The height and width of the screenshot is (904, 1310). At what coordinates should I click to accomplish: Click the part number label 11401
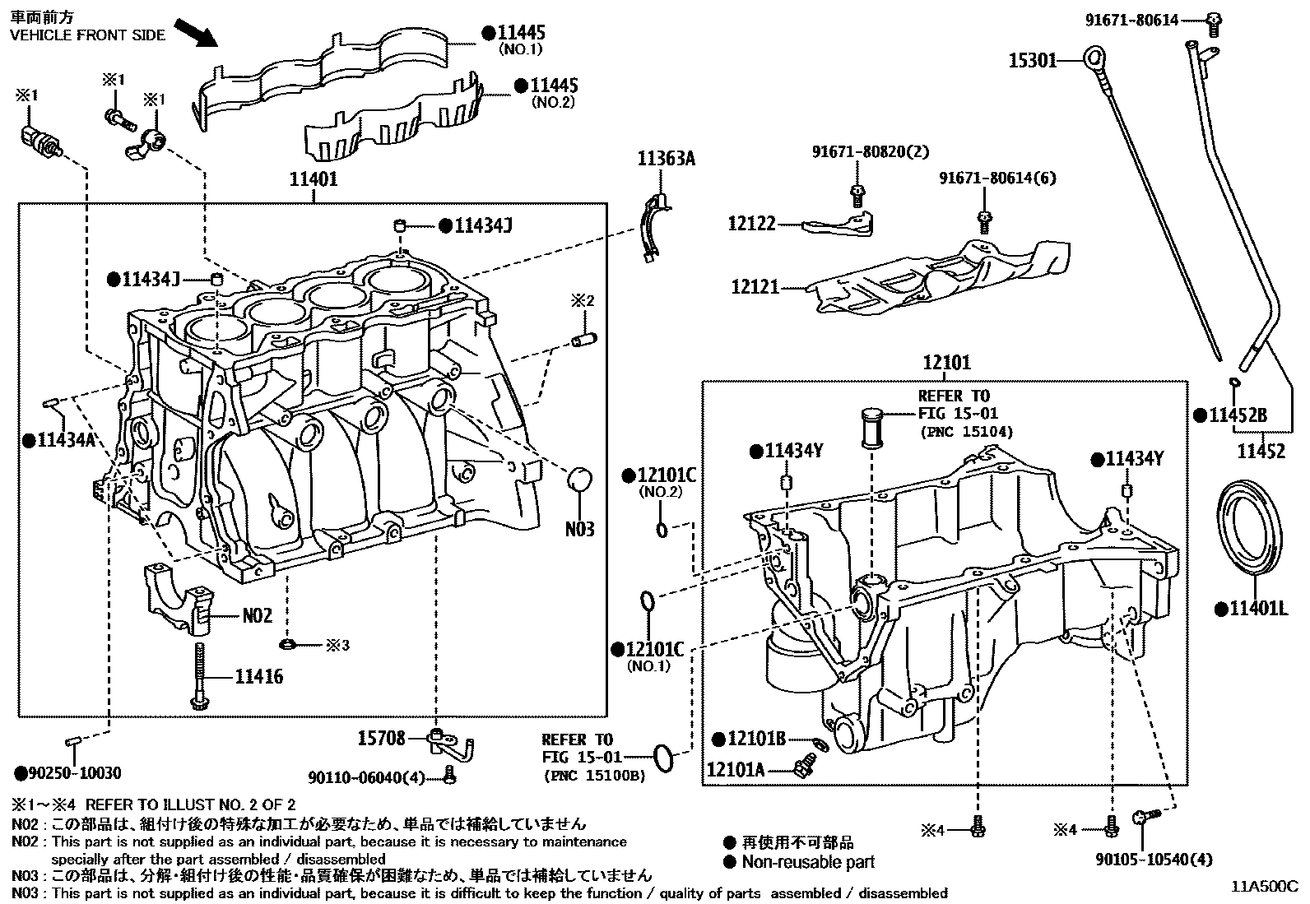coord(313,178)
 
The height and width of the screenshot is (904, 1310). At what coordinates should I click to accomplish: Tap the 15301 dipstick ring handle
coord(1093,58)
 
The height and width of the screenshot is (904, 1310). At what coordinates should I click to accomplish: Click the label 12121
coord(755,288)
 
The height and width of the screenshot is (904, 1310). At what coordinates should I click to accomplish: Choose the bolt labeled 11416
coord(198,671)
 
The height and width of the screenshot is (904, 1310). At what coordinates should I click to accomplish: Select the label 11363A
coord(666,159)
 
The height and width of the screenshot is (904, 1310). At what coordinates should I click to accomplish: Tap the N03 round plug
coord(581,480)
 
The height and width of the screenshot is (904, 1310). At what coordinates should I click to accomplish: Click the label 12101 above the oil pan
coord(946,362)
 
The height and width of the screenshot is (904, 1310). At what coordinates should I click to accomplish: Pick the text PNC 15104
coord(965,432)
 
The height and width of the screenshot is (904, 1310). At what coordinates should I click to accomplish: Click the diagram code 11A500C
coord(1264,887)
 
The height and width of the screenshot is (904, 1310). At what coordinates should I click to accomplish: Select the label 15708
coord(381,739)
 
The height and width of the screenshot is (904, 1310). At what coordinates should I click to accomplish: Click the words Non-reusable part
coord(808,862)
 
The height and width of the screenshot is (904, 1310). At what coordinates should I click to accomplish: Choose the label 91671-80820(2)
coord(858,152)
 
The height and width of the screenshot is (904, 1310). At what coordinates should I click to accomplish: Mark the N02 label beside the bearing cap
coord(257,615)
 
